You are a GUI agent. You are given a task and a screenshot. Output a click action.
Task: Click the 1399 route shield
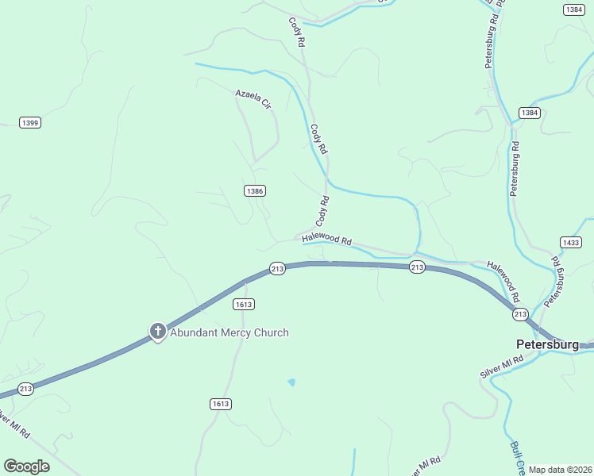pyautogui.click(x=30, y=122)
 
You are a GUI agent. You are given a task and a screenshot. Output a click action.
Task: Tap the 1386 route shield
pyautogui.click(x=255, y=190)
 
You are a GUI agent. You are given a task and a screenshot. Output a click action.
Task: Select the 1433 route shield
pyautogui.click(x=570, y=242)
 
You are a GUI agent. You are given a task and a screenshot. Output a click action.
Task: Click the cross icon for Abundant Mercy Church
pyautogui.click(x=157, y=332)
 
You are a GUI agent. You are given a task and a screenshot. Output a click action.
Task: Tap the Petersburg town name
pyautogui.click(x=547, y=345)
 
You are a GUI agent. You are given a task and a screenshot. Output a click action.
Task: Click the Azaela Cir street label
pyautogui.click(x=253, y=99)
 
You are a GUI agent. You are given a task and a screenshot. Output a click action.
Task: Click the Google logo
pyautogui.click(x=26, y=466)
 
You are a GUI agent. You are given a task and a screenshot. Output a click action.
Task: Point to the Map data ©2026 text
pyautogui.click(x=560, y=470)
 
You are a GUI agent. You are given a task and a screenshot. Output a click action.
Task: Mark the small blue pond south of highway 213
pyautogui.click(x=291, y=382)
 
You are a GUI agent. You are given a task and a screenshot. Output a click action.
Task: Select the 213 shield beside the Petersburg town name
pyautogui.click(x=520, y=314)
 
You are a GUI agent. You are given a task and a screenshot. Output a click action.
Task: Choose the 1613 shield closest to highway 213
pyautogui.click(x=244, y=304)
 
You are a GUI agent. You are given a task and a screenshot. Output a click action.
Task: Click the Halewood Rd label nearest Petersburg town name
pyautogui.click(x=503, y=282)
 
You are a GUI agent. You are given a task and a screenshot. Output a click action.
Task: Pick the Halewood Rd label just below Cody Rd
pyautogui.click(x=326, y=239)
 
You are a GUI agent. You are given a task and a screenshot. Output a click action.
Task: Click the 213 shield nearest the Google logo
pyautogui.click(x=25, y=388)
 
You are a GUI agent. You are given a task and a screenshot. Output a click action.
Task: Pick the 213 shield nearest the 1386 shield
pyautogui.click(x=277, y=269)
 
